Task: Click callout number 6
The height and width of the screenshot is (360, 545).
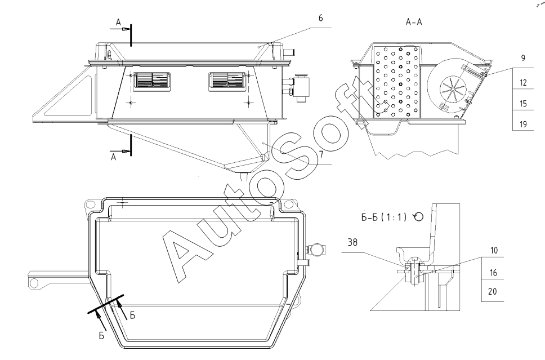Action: [320, 18]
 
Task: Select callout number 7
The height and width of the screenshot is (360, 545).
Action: [322, 154]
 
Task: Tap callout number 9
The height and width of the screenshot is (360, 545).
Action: [523, 58]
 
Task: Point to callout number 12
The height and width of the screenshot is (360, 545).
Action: [524, 83]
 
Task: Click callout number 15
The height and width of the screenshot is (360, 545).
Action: [524, 103]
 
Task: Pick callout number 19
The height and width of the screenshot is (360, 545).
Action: [524, 124]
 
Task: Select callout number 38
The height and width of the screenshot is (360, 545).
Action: [352, 242]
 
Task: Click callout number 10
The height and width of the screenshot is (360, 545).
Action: [494, 251]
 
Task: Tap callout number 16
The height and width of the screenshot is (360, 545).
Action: [494, 273]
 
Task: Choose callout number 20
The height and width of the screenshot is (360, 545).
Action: [493, 291]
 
